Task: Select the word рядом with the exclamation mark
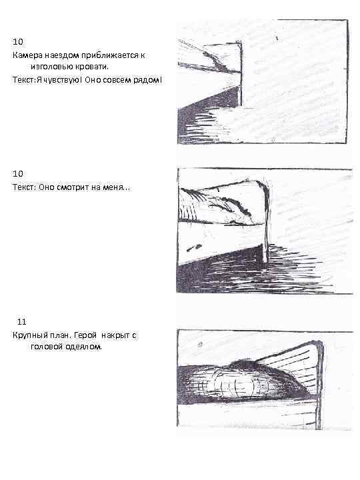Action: pyautogui.click(x=147, y=81)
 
